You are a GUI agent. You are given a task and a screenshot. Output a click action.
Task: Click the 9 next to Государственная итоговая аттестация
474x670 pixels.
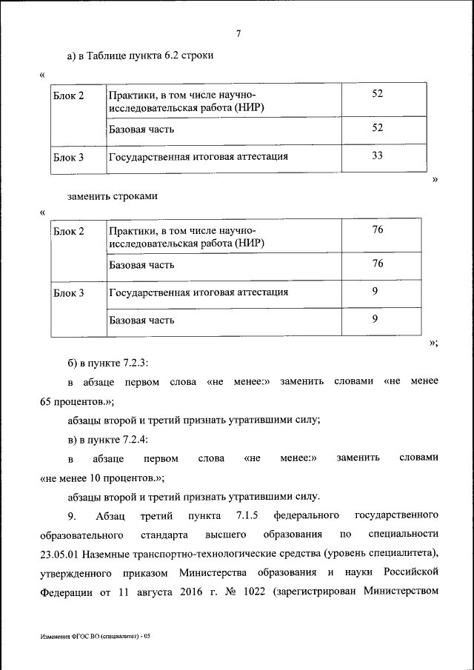375,292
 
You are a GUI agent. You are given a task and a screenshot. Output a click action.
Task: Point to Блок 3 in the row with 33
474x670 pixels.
69,157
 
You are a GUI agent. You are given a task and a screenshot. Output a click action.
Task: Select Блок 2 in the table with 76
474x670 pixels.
69,232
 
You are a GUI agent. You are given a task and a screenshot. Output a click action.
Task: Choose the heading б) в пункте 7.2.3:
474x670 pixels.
108,363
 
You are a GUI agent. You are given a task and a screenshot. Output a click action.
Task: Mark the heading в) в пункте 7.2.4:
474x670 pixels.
108,439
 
